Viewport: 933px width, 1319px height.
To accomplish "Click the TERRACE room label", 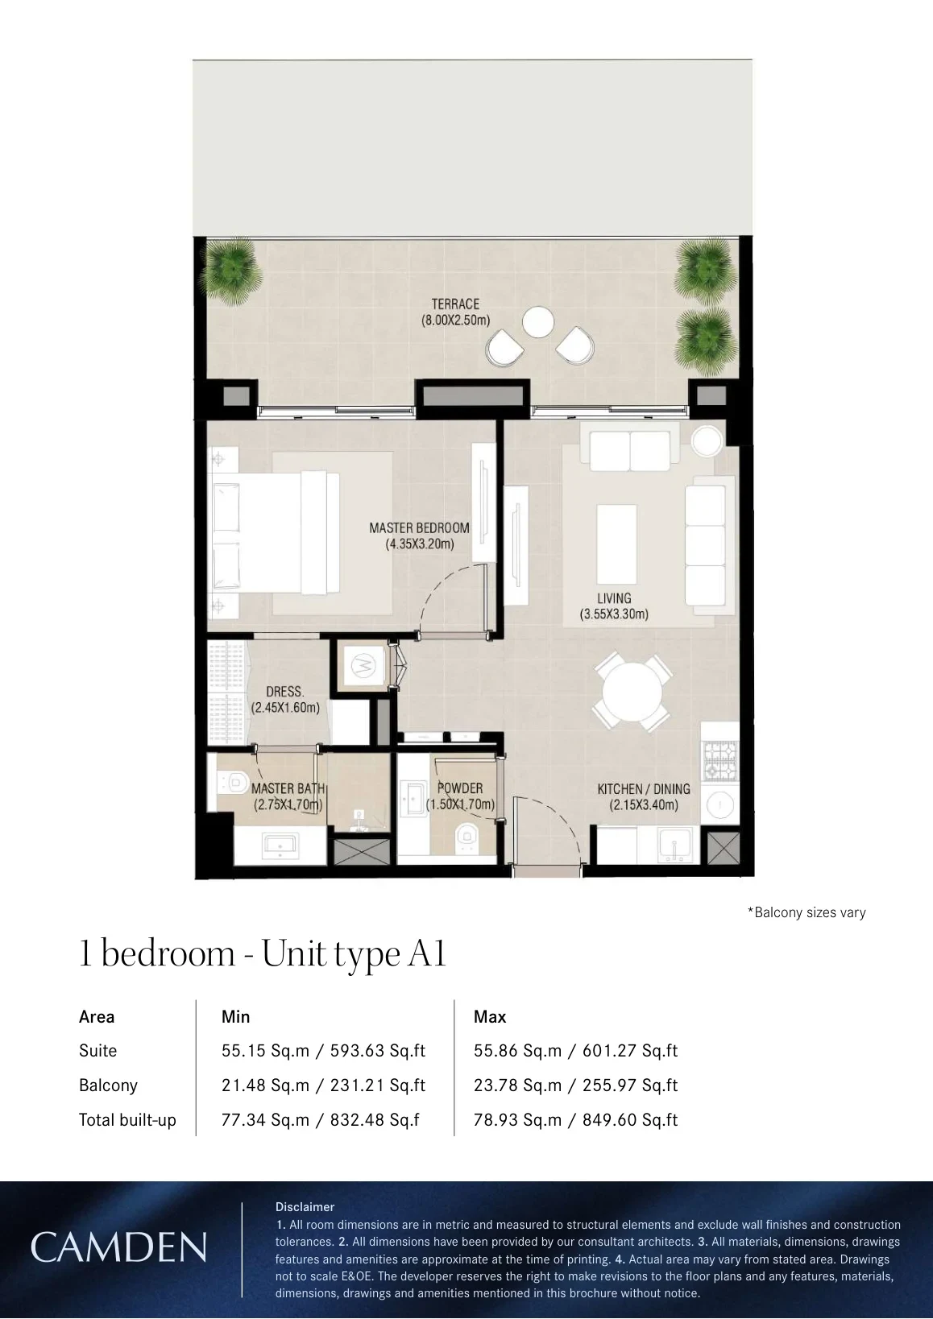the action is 455,304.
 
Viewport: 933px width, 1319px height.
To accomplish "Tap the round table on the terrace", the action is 537,323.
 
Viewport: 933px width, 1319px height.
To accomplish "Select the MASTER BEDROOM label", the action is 420,527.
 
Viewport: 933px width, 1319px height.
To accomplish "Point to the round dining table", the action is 632,691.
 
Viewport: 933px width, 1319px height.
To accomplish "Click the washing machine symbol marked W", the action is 363,665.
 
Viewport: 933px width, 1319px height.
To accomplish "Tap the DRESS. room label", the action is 284,692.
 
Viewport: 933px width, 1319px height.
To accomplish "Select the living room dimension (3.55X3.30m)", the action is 614,614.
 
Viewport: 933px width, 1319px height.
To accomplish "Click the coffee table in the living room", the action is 616,544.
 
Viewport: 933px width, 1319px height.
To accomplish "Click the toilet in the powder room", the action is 467,836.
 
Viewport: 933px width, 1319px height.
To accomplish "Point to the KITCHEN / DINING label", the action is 643,788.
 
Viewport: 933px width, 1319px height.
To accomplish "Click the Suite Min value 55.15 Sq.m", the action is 265,1051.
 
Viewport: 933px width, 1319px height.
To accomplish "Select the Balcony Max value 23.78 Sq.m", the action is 517,1085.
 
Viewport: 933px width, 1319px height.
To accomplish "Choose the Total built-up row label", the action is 128,1119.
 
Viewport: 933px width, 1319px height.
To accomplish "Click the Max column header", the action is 490,1016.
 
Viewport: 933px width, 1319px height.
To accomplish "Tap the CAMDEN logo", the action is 118,1247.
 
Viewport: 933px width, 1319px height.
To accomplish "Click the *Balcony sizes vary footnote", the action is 807,912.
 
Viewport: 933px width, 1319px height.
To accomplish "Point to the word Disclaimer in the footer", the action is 305,1206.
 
